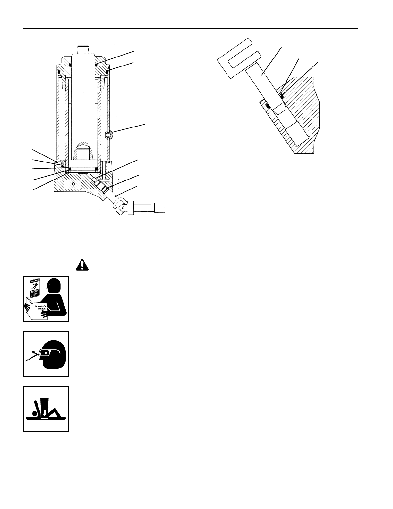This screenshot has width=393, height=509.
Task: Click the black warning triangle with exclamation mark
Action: [x=82, y=265]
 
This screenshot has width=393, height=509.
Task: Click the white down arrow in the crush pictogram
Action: [x=45, y=413]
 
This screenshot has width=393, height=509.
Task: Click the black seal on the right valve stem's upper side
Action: [x=281, y=95]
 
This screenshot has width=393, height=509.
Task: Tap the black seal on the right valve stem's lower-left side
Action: [x=268, y=106]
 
